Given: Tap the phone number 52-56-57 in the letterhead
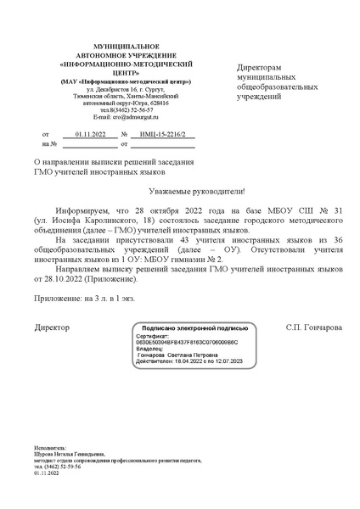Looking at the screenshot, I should [138, 109].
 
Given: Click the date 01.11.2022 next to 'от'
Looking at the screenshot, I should [90, 135].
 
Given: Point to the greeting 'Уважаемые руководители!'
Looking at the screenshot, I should [178, 192].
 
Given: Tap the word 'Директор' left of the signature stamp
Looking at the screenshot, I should [52, 327].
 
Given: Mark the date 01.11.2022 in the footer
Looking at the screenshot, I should [48, 473].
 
